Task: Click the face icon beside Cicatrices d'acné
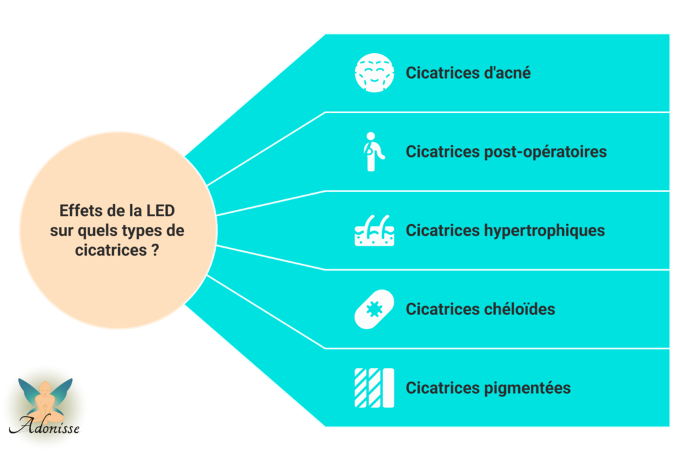point(374,73)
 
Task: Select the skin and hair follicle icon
point(374,230)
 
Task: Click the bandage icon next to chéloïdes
point(374,309)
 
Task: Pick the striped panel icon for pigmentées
point(374,388)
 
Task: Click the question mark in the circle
point(164,250)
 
